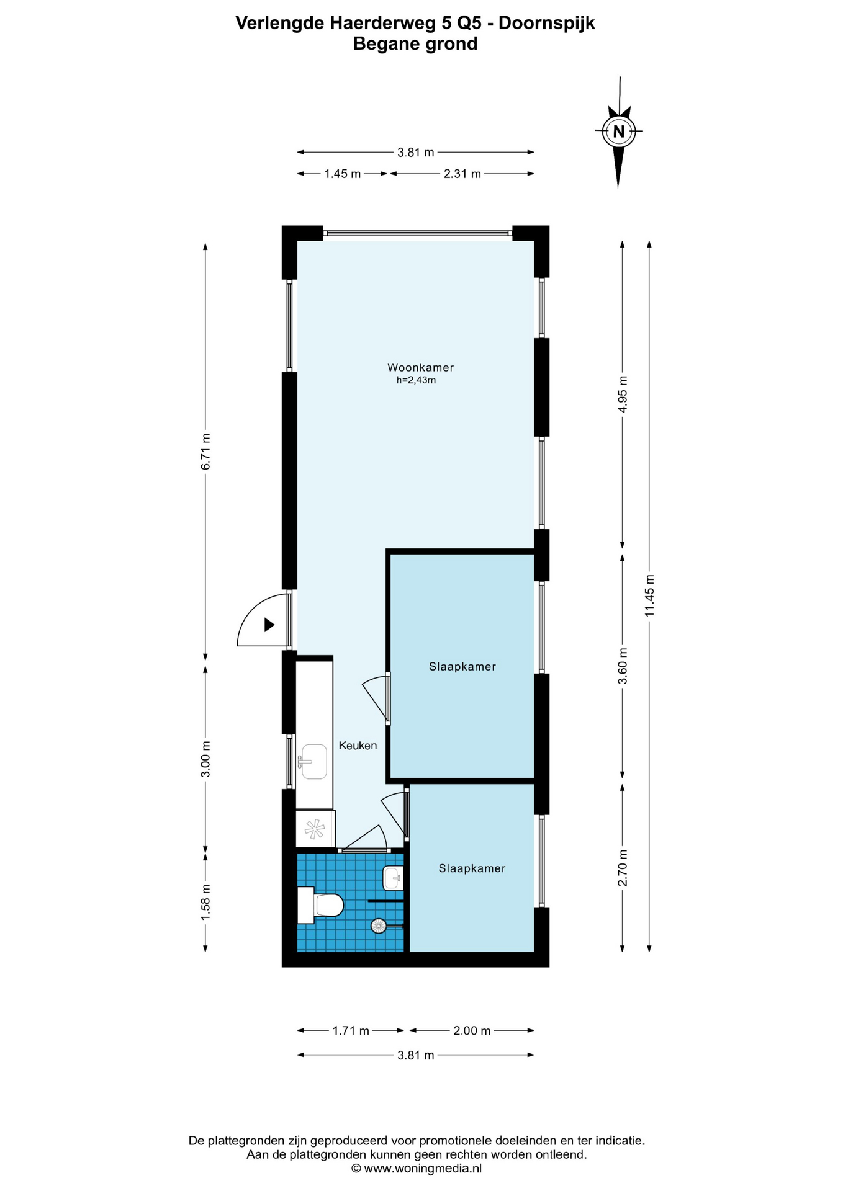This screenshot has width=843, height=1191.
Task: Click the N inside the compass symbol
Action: point(618,132)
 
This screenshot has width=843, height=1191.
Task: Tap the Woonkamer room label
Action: point(420,367)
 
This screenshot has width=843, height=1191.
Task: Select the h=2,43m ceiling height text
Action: point(416,380)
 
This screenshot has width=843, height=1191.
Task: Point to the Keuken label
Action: point(358,746)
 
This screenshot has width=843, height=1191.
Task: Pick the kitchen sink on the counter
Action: point(313,762)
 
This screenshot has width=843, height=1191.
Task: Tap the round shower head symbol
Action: point(378,926)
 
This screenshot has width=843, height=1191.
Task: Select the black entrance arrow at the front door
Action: point(269,625)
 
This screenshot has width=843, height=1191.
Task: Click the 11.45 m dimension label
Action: point(649,595)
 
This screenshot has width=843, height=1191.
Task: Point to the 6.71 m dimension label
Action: point(205,452)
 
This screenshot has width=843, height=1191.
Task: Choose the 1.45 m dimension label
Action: point(343,174)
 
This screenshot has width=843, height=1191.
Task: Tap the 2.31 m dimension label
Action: point(462,174)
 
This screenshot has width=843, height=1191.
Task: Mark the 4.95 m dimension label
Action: point(623,394)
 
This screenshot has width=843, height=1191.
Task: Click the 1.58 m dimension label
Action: point(205,903)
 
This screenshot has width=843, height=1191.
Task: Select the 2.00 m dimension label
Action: point(472,1031)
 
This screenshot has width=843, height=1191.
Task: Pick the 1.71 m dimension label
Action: point(351,1031)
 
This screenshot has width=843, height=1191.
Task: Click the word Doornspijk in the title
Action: point(547,24)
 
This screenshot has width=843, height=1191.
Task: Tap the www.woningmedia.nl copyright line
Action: point(417,1169)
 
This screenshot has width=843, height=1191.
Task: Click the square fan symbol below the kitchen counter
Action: point(315,829)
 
